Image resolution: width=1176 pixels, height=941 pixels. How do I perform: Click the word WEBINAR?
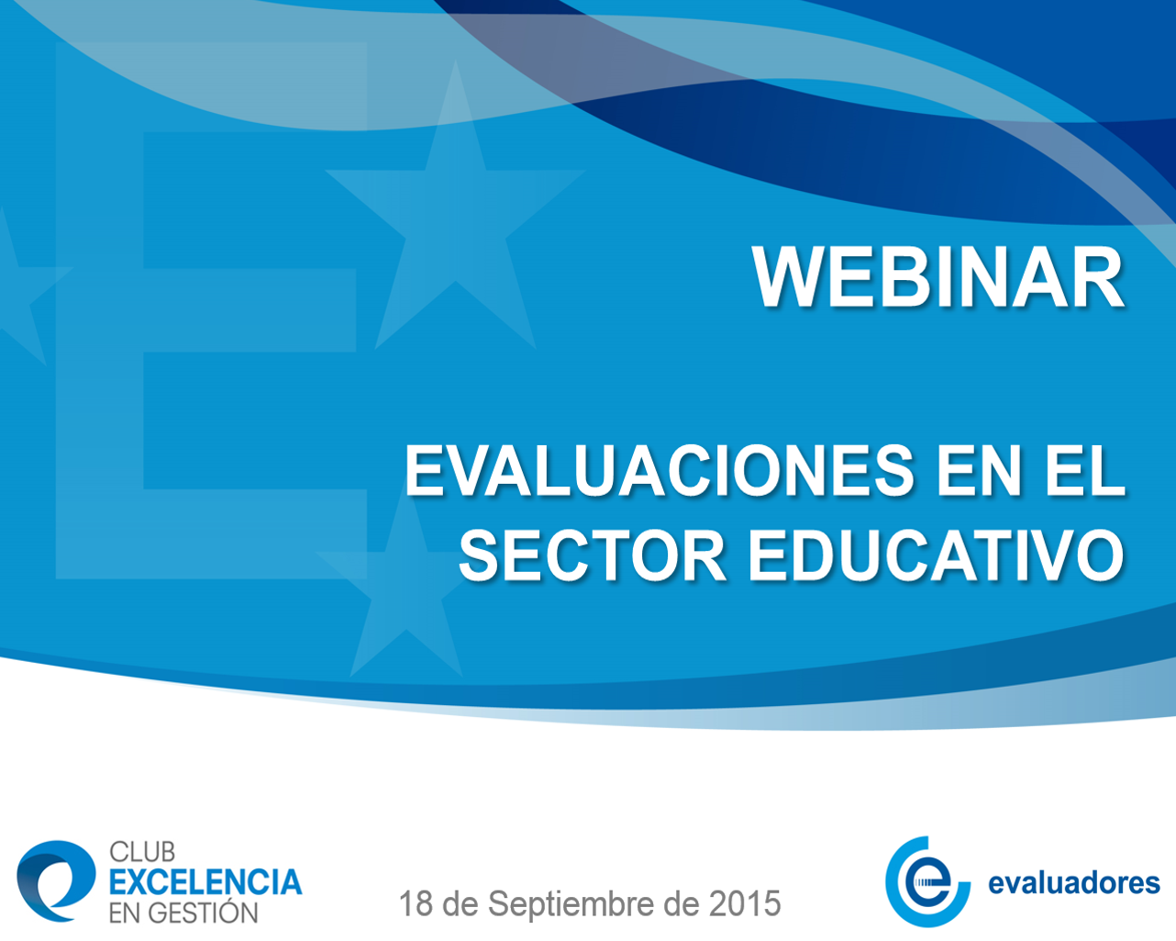click(x=937, y=277)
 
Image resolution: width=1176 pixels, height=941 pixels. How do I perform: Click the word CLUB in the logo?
click(x=142, y=851)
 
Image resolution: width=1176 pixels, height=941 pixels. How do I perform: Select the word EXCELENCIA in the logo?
click(x=205, y=882)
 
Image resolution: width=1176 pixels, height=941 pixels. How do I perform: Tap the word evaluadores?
click(x=1074, y=883)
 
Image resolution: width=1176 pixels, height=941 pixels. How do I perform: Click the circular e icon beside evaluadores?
click(x=926, y=882)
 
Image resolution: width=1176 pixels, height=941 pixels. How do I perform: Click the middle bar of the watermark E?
click(x=250, y=310)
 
